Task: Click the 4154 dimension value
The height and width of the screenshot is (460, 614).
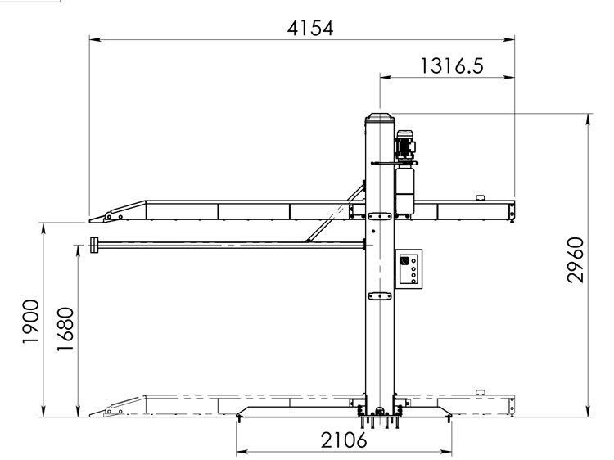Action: [310, 28]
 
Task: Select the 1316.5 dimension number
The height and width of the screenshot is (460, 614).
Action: [452, 65]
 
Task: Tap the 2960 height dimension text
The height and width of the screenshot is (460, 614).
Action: [576, 259]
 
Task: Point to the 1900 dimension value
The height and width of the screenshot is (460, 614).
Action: [30, 322]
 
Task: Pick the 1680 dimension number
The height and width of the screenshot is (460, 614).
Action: [65, 329]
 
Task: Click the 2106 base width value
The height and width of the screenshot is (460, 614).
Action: [344, 440]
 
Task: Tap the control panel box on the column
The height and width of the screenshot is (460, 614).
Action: [409, 269]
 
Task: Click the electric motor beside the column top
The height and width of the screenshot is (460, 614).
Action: [406, 145]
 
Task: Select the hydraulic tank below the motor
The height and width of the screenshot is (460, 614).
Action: [405, 191]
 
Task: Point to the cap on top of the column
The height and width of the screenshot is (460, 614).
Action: [379, 117]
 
